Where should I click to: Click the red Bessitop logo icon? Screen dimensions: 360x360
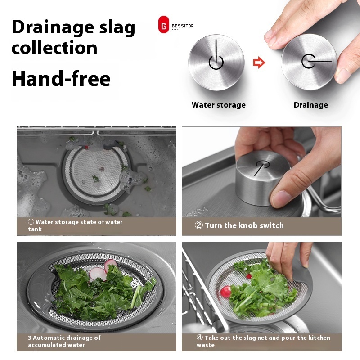163,25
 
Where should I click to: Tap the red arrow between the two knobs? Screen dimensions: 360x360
259,63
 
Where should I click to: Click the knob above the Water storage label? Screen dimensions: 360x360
216,62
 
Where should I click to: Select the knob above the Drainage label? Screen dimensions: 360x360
309,62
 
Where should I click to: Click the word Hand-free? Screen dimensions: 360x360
61,78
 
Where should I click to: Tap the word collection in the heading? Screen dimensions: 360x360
54,48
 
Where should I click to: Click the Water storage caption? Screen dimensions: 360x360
219,105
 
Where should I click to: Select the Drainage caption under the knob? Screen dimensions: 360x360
311,105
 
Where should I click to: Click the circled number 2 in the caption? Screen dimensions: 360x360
199,225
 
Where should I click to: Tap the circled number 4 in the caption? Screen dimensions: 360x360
200,337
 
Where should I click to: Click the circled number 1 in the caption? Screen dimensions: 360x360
31,222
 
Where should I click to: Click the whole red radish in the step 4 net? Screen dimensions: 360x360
225,291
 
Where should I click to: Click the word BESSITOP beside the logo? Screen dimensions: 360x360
183,26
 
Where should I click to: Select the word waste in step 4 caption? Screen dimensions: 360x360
206,345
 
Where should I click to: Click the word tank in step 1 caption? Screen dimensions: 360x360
35,229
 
